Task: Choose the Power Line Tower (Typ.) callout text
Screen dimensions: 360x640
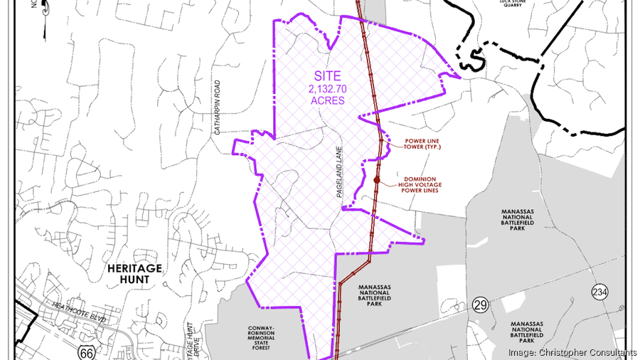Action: pos(425,144)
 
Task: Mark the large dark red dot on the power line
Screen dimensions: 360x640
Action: pos(377,180)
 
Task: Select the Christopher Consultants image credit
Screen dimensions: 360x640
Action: pos(572,352)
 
